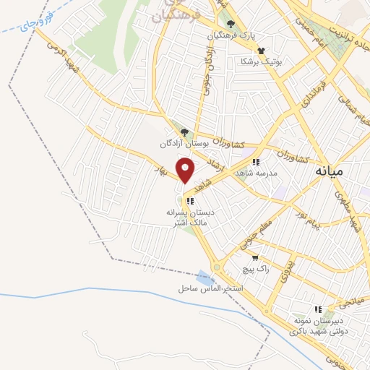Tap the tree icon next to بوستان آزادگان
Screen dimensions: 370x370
click(x=184, y=132)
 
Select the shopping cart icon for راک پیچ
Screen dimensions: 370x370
click(x=254, y=257)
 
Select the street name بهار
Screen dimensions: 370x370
click(x=162, y=169)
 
